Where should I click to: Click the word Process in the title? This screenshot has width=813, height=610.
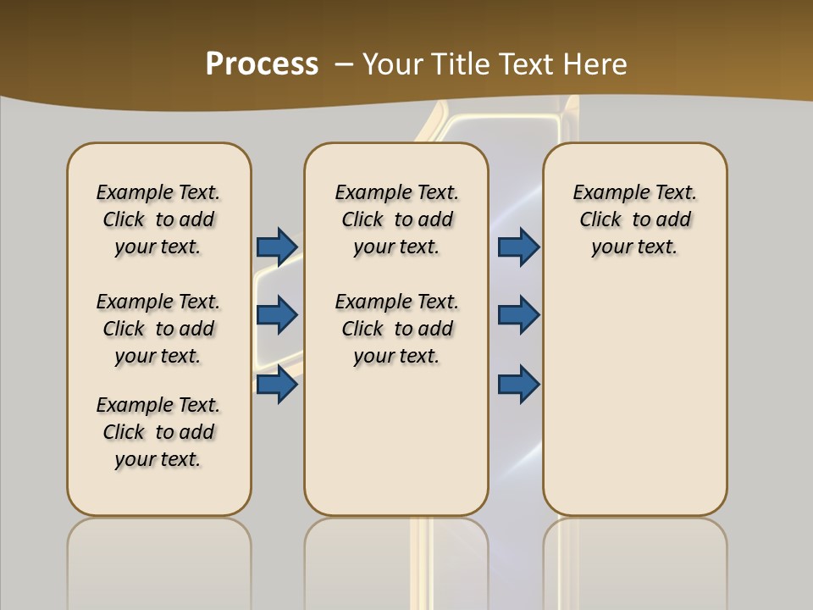[x=262, y=64]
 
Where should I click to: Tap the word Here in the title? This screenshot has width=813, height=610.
[x=596, y=64]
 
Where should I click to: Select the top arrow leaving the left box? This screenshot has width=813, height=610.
[x=277, y=247]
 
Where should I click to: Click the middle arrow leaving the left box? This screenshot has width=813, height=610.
[x=277, y=315]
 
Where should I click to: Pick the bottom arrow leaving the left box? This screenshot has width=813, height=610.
[x=277, y=385]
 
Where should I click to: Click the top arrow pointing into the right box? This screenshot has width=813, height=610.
[x=518, y=247]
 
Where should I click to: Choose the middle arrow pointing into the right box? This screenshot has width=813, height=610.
[x=518, y=315]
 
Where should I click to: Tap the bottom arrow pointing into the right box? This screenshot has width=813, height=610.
[x=518, y=385]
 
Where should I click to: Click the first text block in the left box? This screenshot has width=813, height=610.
[x=158, y=219]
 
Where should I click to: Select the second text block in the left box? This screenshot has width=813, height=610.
[x=158, y=329]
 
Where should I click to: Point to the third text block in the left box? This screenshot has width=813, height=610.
[x=158, y=432]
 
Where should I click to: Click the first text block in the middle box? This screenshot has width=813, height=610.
[x=396, y=219]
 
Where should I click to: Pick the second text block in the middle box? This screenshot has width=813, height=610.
[x=396, y=329]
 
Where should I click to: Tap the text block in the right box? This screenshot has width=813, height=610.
[x=635, y=219]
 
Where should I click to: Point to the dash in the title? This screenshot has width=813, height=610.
[x=344, y=64]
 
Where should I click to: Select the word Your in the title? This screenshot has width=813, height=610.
[x=392, y=64]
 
